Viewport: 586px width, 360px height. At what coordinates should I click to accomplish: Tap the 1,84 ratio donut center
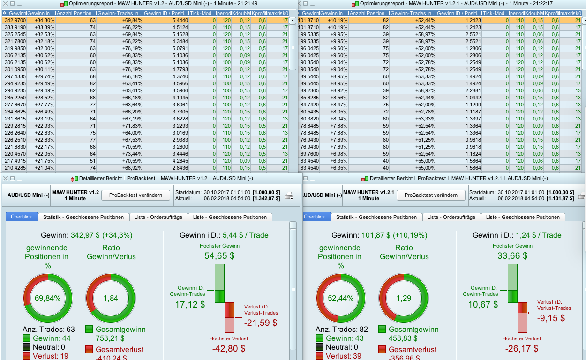[111, 298]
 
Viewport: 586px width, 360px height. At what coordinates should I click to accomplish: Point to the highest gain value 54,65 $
[219, 256]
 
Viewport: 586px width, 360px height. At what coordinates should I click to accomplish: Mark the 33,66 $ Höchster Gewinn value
[512, 256]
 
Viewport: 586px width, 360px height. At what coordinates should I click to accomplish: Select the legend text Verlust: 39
[341, 356]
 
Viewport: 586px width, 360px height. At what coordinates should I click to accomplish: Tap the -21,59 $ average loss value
[261, 323]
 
